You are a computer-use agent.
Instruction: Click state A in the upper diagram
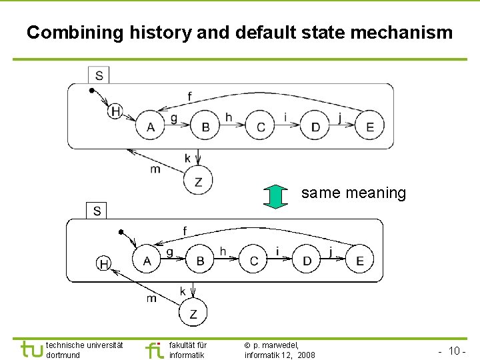click(x=150, y=126)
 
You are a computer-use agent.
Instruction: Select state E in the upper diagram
click(x=370, y=126)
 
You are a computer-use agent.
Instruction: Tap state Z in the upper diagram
click(x=198, y=180)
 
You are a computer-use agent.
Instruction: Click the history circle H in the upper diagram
click(x=115, y=111)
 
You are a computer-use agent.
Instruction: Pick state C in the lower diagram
click(x=253, y=260)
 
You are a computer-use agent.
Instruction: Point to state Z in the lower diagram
click(x=193, y=313)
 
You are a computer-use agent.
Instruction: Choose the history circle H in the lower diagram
click(x=104, y=264)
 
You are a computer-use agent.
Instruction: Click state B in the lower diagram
click(x=200, y=260)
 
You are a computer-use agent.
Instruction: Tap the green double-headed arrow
click(x=275, y=195)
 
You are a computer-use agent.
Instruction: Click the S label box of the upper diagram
click(x=99, y=74)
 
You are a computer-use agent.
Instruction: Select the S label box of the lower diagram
click(x=97, y=211)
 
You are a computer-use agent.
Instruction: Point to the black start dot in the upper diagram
click(x=92, y=90)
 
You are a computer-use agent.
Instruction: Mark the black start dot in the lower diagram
click(x=121, y=232)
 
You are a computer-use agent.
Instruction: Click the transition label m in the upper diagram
click(x=155, y=169)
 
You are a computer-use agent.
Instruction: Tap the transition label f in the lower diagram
click(x=185, y=231)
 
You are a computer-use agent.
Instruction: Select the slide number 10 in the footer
click(x=456, y=351)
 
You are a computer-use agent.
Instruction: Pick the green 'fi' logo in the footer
click(x=154, y=349)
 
